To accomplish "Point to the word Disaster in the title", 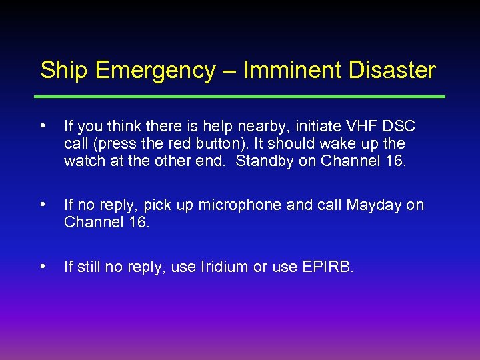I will click(393, 70).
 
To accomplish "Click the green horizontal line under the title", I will click(240, 97).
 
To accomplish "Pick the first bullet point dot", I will click(43, 125).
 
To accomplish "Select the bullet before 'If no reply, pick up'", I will click(43, 205).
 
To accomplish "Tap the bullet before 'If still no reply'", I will click(43, 267).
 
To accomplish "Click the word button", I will click(207, 144).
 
